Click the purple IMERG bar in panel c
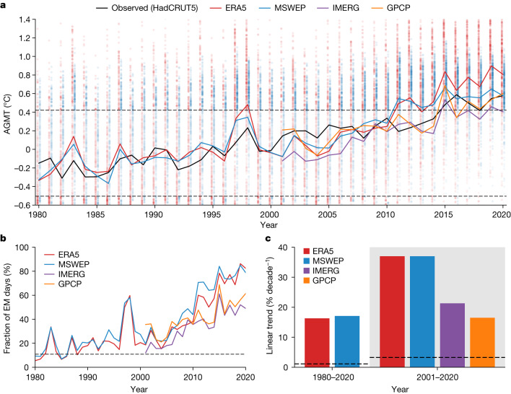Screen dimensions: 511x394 coord(453,335)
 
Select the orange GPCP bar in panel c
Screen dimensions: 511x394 coord(482,342)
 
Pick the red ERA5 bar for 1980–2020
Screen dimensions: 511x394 coord(317,343)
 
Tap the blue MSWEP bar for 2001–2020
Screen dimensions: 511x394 coord(422,312)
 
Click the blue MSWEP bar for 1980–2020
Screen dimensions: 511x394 coord(347,341)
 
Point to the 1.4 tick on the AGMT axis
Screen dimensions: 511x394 coord(25,19)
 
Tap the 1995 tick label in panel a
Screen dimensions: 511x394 coord(212,214)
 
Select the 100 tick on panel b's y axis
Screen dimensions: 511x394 coord(22,248)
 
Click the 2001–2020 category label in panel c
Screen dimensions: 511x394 coord(437,377)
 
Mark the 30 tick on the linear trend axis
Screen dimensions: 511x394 coord(284,277)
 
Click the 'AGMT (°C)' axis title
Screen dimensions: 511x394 coord(7,114)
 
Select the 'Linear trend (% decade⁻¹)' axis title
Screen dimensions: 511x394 coord(270,305)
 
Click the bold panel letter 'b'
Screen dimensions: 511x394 coord(4,239)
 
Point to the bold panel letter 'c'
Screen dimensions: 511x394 coord(268,239)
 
